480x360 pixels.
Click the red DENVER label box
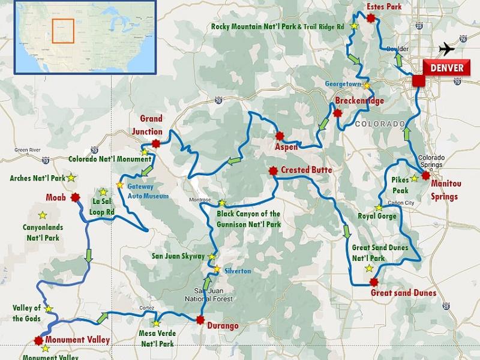[x=446, y=68]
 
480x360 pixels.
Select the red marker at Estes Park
[x=370, y=19]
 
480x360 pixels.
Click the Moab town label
[x=57, y=197]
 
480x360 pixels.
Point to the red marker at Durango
[x=200, y=320]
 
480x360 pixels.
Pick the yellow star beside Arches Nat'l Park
[x=71, y=178]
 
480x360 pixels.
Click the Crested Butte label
[x=306, y=170]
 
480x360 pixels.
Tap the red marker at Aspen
[x=280, y=136]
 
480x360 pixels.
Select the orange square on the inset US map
[x=62, y=31]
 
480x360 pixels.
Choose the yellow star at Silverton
[x=217, y=268]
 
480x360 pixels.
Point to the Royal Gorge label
[x=375, y=217]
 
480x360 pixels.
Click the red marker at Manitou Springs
[x=425, y=176]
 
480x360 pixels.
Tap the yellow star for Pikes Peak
[x=413, y=179]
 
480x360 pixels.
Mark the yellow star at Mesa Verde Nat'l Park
[x=156, y=323]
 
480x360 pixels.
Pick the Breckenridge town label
[x=359, y=101]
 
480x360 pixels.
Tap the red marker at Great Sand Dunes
[x=374, y=282]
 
